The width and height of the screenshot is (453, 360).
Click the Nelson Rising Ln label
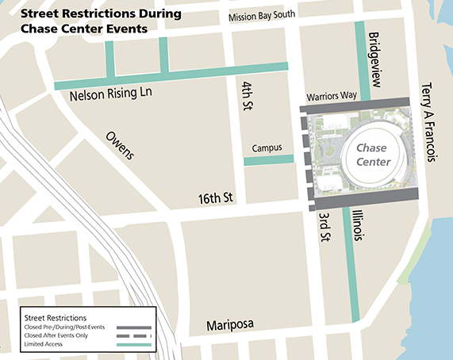click(106, 95)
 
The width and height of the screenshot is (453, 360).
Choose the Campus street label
click(267, 148)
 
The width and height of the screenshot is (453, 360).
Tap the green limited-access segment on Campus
click(268, 161)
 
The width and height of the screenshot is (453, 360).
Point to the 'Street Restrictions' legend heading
click(57, 316)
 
